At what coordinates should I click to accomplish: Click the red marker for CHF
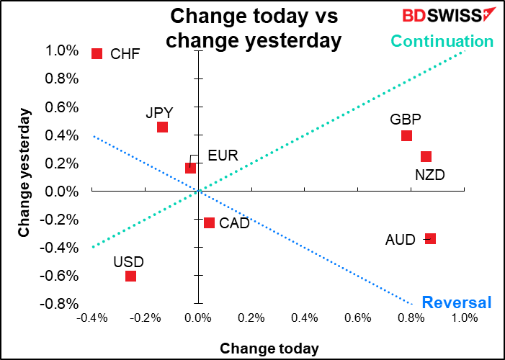pyautogui.click(x=97, y=53)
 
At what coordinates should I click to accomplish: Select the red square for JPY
pyautogui.click(x=163, y=127)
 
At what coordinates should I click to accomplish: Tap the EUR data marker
pyautogui.click(x=190, y=168)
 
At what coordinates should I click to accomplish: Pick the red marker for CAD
pyautogui.click(x=209, y=223)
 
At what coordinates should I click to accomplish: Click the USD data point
pyautogui.click(x=130, y=276)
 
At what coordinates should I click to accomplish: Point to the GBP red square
pyautogui.click(x=406, y=136)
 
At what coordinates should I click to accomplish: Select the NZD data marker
pyautogui.click(x=426, y=157)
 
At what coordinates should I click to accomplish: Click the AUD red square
pyautogui.click(x=430, y=239)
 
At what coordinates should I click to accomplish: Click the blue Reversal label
pyautogui.click(x=456, y=302)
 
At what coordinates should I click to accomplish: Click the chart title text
pyautogui.click(x=252, y=29)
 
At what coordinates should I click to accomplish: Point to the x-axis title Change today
pyautogui.click(x=269, y=348)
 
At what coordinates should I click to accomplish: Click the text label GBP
pyautogui.click(x=406, y=120)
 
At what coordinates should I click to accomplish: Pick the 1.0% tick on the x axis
pyautogui.click(x=465, y=318)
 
